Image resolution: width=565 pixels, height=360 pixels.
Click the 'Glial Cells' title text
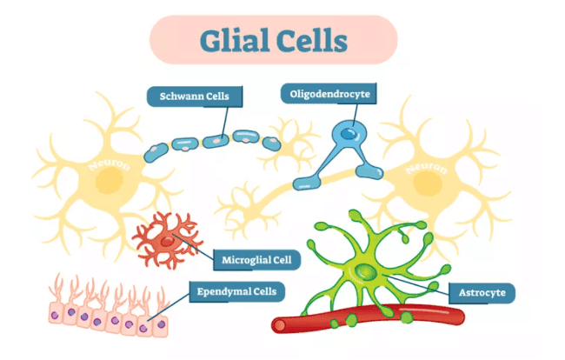click(273, 41)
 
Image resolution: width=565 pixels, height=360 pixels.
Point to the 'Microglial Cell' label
click(256, 259)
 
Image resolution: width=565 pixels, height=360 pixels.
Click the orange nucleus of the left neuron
click(110, 182)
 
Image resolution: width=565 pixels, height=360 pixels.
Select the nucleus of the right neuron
click(427, 183)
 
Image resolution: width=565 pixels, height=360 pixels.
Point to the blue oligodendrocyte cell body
click(348, 136)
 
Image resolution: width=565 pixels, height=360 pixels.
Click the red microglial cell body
click(167, 238)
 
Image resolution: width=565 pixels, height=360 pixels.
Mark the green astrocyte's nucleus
click(364, 276)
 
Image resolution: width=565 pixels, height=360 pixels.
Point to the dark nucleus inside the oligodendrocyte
click(347, 133)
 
